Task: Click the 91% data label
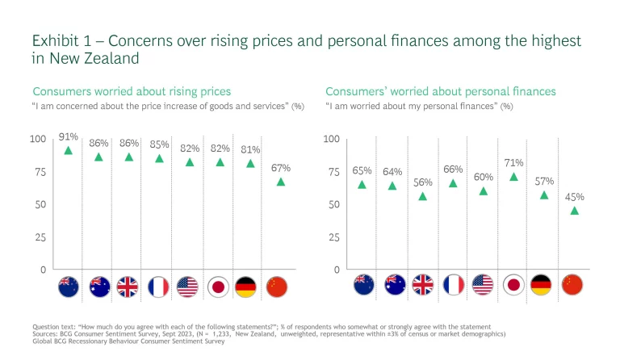coord(68,137)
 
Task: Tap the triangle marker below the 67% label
coord(281,182)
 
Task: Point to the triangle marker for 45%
coord(574,211)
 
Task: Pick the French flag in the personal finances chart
coord(454,285)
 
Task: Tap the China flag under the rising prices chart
coord(278,287)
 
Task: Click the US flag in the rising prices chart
coord(188,287)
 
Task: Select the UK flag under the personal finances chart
coord(423,285)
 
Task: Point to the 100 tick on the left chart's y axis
coord(38,140)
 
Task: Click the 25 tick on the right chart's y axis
coord(334,237)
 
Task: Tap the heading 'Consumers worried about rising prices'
coord(132,91)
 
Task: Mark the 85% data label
coord(159,144)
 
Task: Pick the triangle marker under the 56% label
coord(423,196)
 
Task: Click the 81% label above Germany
coord(250,149)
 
